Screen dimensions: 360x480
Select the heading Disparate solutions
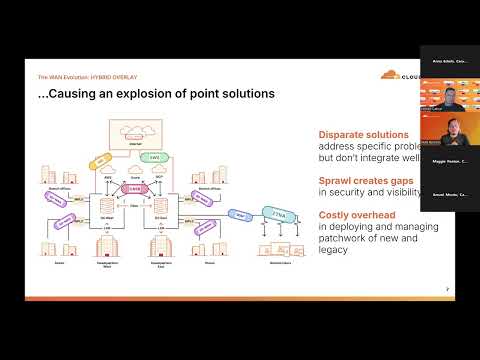363,134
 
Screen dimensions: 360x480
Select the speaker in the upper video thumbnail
453,99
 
